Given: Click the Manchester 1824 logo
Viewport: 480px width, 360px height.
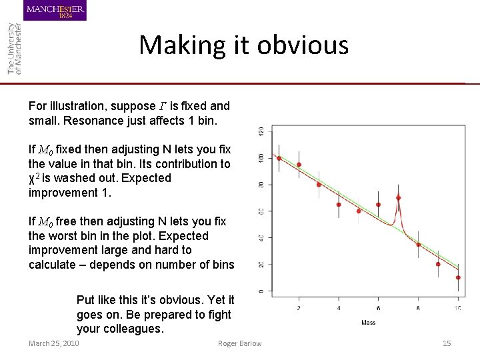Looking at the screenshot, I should point(55,11).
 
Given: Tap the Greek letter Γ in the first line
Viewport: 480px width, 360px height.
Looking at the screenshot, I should point(162,107).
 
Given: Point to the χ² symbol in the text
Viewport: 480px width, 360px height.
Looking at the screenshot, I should point(35,178).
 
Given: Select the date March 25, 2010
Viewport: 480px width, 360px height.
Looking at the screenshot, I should point(54,343).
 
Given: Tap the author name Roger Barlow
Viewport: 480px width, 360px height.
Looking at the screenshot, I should point(240,343).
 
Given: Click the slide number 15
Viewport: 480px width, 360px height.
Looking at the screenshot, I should point(447,343).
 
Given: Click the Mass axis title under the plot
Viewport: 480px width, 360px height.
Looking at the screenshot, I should point(368,323).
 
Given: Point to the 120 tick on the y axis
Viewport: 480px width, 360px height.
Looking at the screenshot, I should point(261,131).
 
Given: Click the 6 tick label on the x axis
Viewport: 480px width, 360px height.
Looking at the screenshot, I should point(378,307).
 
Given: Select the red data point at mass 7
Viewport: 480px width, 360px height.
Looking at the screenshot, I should point(398,198).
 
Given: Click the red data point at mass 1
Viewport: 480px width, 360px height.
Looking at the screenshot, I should point(279,159).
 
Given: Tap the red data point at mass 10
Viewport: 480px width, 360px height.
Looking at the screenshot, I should point(458,277).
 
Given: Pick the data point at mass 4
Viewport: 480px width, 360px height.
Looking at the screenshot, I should point(339,205).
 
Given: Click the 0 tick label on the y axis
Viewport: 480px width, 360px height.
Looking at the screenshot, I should point(261,291).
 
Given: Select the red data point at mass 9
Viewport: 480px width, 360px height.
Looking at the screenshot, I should point(438,264).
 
